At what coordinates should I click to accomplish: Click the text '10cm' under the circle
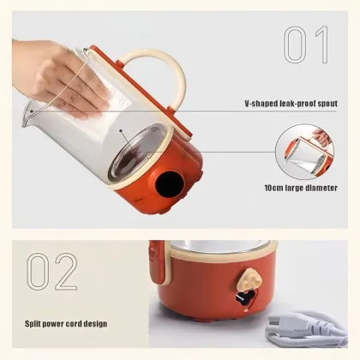tap(275, 188)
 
